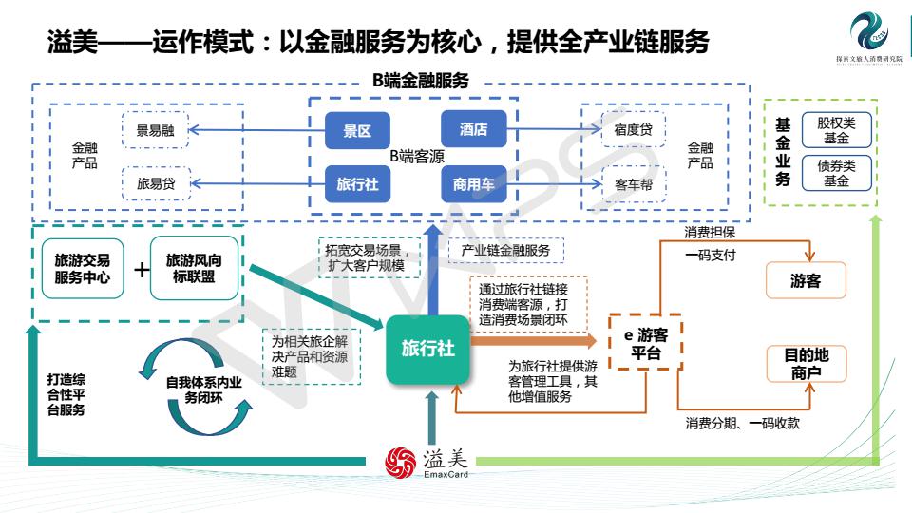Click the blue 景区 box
[357, 131]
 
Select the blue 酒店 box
[473, 129]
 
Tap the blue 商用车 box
[473, 184]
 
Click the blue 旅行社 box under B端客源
[357, 184]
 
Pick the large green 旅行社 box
[427, 349]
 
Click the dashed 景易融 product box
[155, 131]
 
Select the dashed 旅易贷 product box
[155, 183]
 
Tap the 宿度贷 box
[633, 130]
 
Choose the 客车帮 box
[633, 184]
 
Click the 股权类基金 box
[836, 130]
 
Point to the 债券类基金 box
[836, 173]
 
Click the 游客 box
[806, 280]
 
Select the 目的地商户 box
[806, 364]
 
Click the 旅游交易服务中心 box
[82, 269]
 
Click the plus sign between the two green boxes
[141, 270]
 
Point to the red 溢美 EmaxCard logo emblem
[399, 462]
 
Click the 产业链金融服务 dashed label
[505, 251]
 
